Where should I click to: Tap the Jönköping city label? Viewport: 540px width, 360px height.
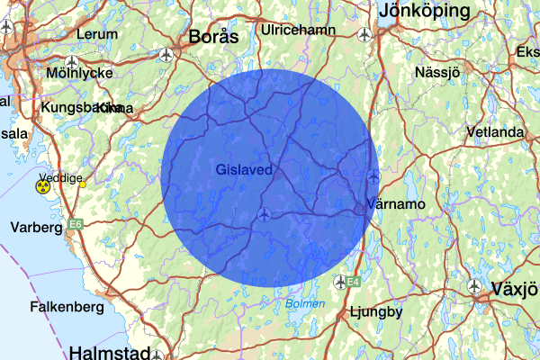(426, 12)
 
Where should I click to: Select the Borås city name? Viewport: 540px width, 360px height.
(213, 37)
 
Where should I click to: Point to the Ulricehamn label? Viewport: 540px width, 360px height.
(297, 30)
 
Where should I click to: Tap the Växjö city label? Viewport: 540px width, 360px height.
(515, 290)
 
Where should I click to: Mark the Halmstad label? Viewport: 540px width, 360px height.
(107, 351)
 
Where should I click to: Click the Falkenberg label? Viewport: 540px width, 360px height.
(62, 306)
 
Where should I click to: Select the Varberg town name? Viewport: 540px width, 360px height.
(33, 228)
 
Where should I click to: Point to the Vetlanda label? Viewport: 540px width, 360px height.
(495, 133)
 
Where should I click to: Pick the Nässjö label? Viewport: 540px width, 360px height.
(437, 71)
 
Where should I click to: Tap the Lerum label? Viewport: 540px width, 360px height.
(97, 34)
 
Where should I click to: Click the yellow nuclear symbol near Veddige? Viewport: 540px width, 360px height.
(42, 187)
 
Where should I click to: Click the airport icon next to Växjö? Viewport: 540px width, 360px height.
(475, 286)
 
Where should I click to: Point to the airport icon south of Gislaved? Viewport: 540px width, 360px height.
(264, 214)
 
